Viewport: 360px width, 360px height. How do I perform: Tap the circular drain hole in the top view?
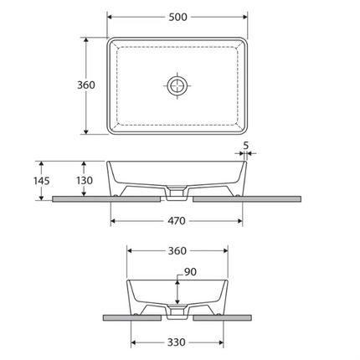point(178,85)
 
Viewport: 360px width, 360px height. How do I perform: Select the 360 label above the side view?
point(177,249)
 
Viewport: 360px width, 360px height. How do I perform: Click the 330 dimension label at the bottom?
point(177,342)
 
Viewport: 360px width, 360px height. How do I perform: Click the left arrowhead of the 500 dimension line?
point(111,17)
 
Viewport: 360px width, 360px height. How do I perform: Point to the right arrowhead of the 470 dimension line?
point(243,221)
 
